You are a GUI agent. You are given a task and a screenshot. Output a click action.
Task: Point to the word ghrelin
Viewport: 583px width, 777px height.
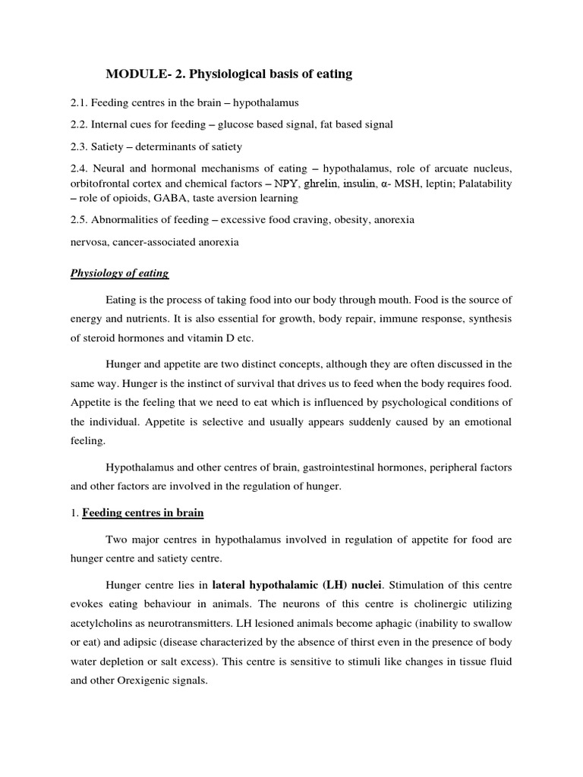pyautogui.click(x=321, y=184)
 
